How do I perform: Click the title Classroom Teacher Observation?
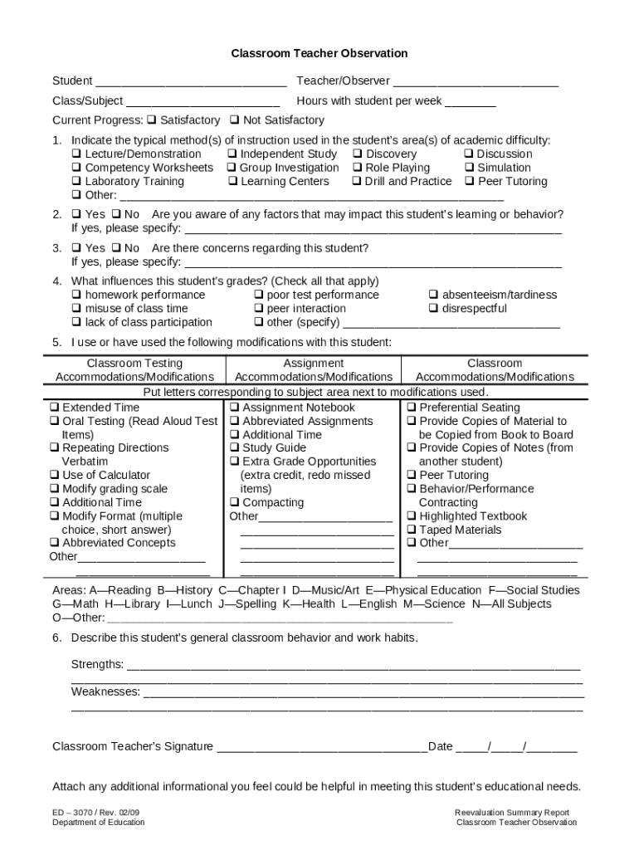[x=319, y=53]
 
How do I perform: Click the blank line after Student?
[x=191, y=82]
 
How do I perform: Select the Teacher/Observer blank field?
[x=476, y=82]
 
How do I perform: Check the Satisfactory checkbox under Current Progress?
[x=152, y=120]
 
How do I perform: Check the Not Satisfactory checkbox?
[x=234, y=120]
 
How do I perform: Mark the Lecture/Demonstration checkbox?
[x=76, y=154]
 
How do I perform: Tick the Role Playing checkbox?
[x=357, y=168]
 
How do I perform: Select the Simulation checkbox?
[x=469, y=168]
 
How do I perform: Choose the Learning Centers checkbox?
[x=232, y=182]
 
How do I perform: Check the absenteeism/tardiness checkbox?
[x=433, y=295]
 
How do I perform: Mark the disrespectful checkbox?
[x=433, y=309]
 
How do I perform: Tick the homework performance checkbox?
[x=76, y=295]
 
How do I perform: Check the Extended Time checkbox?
[x=54, y=408]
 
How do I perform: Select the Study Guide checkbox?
[x=234, y=448]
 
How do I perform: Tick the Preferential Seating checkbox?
[x=412, y=408]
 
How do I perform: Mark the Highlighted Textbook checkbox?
[x=412, y=516]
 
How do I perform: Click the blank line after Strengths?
[x=353, y=666]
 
